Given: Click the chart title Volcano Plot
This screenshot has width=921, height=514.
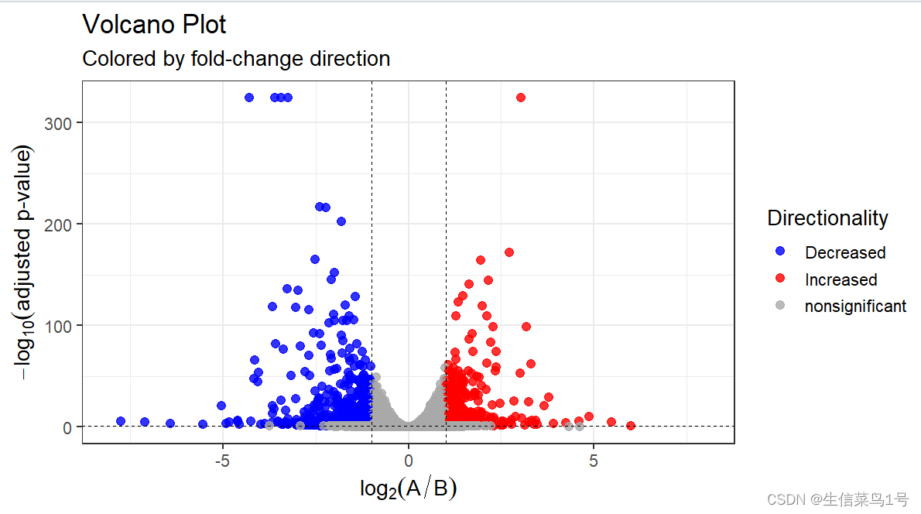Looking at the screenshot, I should tap(154, 25).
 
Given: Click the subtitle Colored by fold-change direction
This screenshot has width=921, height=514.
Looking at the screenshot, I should tap(236, 59).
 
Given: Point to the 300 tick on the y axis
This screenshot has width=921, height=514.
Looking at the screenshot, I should tap(64, 122).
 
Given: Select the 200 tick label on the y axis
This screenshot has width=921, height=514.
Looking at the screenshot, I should tap(64, 224).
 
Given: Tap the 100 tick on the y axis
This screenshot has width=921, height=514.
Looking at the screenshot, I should tap(64, 326).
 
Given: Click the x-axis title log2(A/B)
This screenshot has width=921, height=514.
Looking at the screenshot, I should tap(408, 488).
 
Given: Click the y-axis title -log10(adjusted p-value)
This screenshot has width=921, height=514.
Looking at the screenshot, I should tap(25, 263).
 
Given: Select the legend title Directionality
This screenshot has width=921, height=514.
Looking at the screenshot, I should tap(827, 218).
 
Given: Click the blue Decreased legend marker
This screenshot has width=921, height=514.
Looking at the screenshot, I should tap(780, 252).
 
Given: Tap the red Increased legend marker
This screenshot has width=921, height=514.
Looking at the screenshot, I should tap(780, 279).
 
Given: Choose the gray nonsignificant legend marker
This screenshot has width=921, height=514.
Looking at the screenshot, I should tap(780, 306).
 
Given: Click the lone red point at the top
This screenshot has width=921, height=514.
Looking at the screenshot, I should tap(521, 98).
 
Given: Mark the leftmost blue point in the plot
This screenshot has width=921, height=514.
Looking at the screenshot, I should tap(121, 421).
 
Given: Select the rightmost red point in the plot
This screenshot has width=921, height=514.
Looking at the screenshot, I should tap(631, 426).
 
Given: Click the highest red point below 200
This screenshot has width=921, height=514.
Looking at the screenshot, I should tap(509, 252).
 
